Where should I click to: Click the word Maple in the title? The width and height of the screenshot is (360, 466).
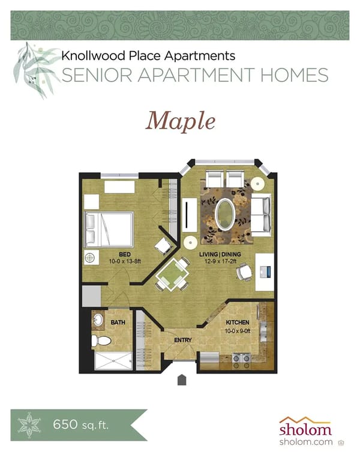point(180,121)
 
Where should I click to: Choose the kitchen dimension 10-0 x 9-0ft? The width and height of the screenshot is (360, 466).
point(238,330)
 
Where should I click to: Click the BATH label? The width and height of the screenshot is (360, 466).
point(118,322)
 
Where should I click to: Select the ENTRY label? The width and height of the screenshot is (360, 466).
point(182,340)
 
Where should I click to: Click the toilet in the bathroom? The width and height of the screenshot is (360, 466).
point(103,341)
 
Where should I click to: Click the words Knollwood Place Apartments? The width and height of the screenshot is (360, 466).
point(148,56)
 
